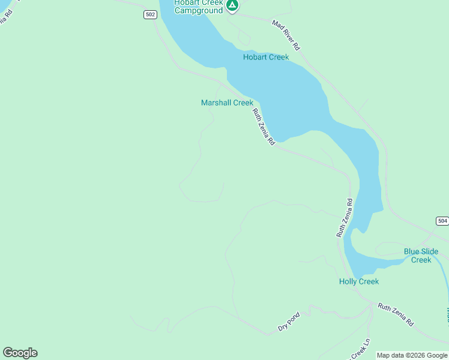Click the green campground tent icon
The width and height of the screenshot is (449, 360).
point(232,5)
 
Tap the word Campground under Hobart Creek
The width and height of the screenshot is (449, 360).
point(198,11)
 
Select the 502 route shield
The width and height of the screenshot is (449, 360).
point(150,15)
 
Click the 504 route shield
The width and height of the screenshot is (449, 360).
point(442,221)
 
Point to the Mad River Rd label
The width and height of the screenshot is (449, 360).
point(286,34)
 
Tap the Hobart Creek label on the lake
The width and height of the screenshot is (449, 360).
point(266,58)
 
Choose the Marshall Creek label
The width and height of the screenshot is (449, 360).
point(227,103)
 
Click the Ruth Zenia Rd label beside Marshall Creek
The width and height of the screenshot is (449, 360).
point(264,127)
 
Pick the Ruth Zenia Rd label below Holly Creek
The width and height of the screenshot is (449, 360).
point(396,314)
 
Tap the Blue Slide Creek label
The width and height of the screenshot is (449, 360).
point(421,256)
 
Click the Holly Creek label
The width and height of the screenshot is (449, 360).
point(359,281)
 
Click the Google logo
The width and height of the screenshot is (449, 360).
point(20,353)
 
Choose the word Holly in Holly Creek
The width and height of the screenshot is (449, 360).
point(349,281)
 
